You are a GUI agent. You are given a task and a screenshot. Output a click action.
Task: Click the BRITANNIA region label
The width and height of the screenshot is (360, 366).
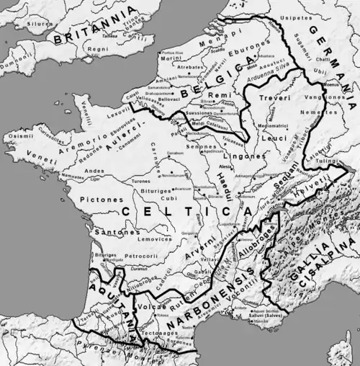pos(80,27)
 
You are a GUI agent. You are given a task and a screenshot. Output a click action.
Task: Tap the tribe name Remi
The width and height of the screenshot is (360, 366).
pos(216,95)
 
